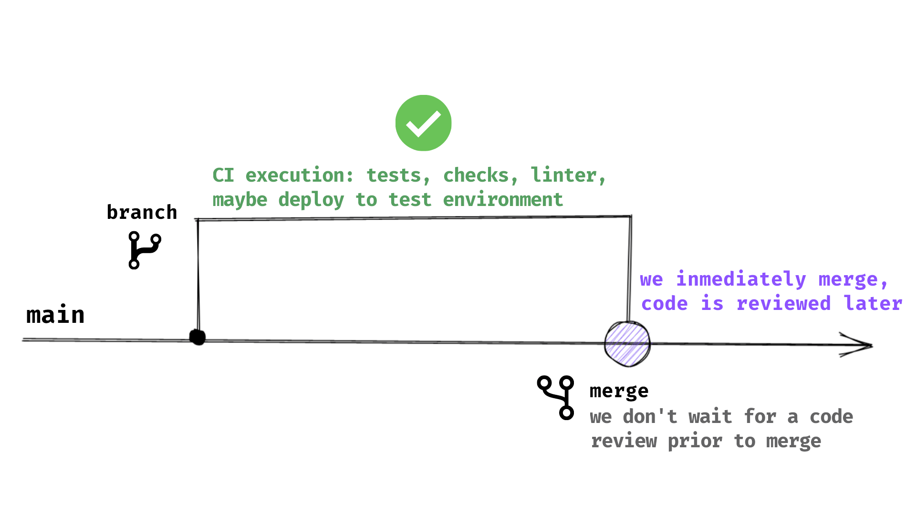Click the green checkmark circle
coord(423,123)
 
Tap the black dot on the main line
coord(197,337)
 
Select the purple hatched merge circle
coord(627,344)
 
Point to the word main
coord(55,315)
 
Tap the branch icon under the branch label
coord(144,250)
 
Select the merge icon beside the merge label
coord(556,397)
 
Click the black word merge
coord(619,391)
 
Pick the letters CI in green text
coord(223,175)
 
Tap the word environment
coord(503,200)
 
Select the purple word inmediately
coord(741,279)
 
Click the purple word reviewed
coord(783,304)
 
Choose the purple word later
coord(873,304)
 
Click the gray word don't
coord(650,417)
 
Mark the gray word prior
coord(695,442)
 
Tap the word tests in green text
coord(394,175)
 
